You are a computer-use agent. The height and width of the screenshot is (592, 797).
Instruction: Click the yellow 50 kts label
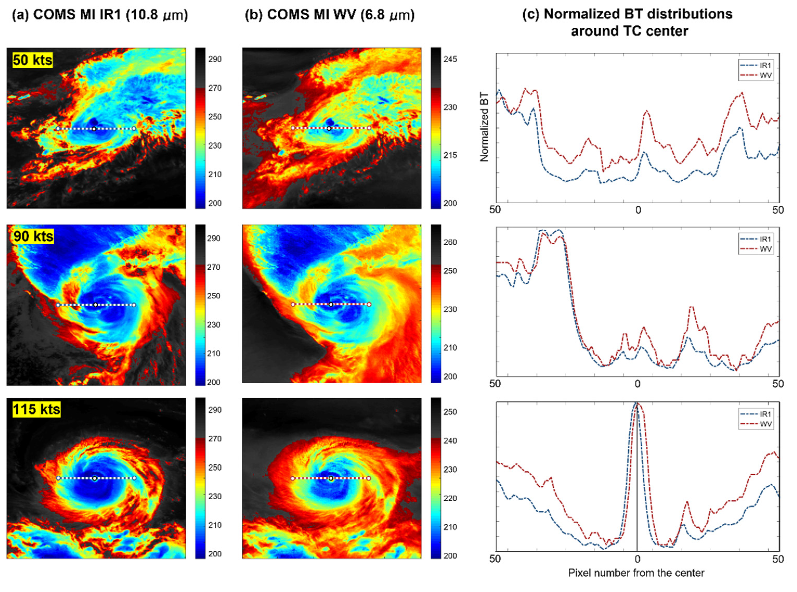pos(32,60)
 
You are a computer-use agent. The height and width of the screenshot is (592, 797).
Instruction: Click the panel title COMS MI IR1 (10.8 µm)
pos(100,15)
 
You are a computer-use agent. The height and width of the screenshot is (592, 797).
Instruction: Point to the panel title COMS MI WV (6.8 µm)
pos(330,15)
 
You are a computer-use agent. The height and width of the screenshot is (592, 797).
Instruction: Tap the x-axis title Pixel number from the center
pos(636,573)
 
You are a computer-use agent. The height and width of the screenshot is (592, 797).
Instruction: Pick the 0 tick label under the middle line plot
pos(637,384)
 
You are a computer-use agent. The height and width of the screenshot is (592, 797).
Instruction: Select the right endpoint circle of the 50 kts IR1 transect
pos(134,128)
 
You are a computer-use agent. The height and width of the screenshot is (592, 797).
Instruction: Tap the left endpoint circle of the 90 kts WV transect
pos(293,305)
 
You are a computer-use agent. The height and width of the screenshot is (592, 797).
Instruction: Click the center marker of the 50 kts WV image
pos(329,129)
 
